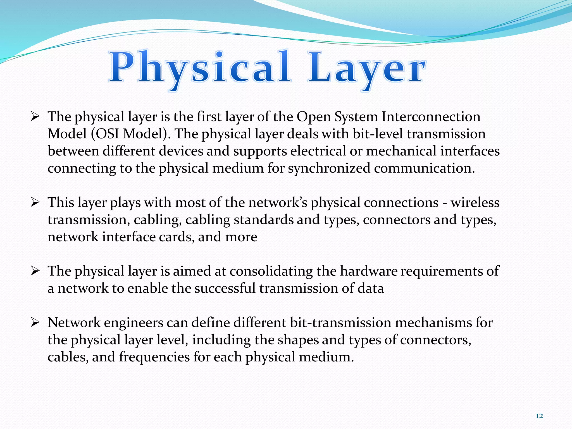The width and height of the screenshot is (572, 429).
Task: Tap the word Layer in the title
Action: [366, 68]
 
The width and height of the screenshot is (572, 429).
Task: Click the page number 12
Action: [539, 416]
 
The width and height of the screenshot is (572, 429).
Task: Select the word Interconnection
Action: [431, 116]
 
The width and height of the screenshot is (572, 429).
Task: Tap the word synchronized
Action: [329, 168]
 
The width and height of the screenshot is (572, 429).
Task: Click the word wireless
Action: [475, 202]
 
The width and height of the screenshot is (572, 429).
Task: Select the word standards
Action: [263, 220]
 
